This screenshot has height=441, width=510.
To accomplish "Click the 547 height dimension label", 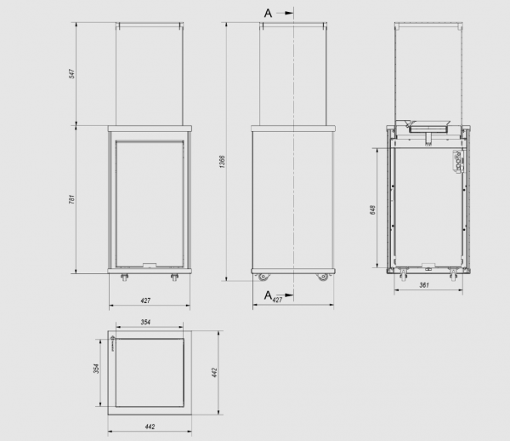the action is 72,73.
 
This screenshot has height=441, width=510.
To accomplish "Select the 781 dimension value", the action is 72,199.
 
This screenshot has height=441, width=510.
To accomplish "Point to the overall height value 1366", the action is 222,162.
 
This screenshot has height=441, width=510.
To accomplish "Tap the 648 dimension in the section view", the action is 373,209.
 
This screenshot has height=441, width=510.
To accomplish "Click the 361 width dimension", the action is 424,285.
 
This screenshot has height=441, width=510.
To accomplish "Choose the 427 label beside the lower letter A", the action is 277,300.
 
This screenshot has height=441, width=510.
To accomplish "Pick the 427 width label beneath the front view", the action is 145,301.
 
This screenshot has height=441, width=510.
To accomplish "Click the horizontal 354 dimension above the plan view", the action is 145,322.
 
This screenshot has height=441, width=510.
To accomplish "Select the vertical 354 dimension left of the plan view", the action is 96,369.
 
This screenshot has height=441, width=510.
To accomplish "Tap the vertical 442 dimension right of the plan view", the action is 214,373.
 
